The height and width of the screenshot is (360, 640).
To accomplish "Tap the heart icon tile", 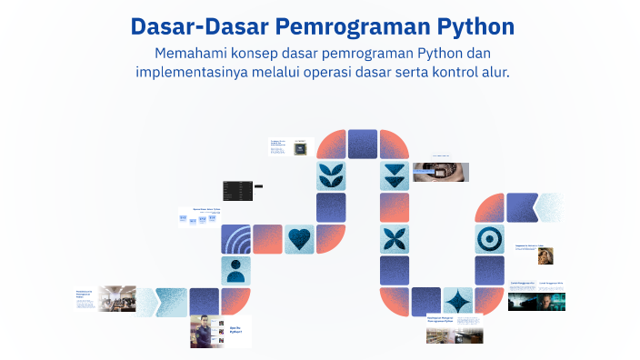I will click(300, 239).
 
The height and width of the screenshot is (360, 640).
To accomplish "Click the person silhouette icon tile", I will click(236, 270).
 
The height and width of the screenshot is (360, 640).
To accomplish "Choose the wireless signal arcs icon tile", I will click(236, 239).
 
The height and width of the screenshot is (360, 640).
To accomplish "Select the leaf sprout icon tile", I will click(331, 175).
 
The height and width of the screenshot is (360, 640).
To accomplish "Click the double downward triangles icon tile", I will click(395, 175).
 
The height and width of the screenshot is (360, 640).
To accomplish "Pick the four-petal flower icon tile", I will click(395, 239).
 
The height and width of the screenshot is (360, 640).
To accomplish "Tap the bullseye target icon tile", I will click(489, 239).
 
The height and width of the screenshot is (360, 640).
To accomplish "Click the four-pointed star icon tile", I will click(457, 301).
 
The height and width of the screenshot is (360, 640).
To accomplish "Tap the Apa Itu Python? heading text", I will click(235, 330).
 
